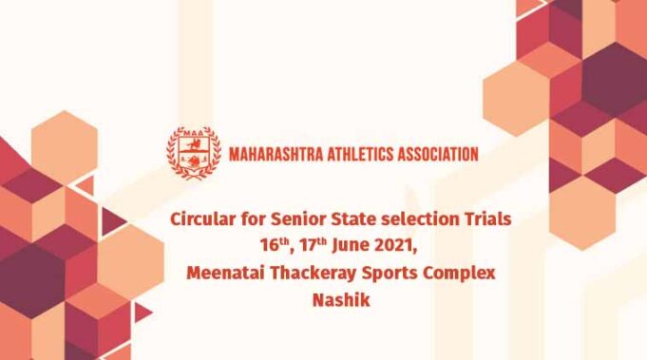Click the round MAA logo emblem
pyautogui.click(x=194, y=152)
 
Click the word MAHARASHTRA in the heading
pyautogui.click(x=275, y=153)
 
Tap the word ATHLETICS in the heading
pyautogui.click(x=360, y=153)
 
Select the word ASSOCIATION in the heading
pyautogui.click(x=439, y=153)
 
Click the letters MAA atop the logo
pyautogui.click(x=194, y=134)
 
